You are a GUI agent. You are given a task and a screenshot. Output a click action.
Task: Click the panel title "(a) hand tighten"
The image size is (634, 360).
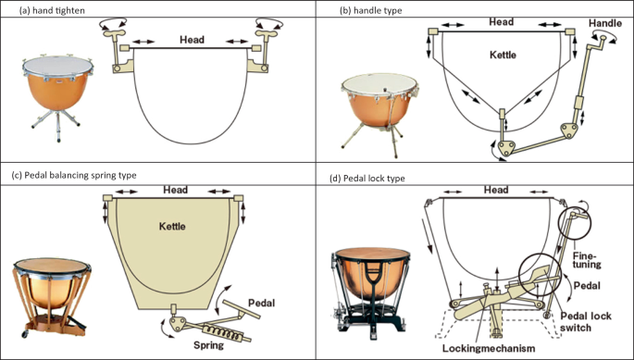(x=52, y=10)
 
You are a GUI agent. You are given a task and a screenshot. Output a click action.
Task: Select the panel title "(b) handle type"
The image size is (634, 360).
(x=371, y=10)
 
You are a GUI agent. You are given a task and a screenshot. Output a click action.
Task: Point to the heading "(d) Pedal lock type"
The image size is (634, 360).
(x=367, y=178)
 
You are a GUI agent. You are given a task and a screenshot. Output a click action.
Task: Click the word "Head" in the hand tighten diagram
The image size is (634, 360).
(x=193, y=40)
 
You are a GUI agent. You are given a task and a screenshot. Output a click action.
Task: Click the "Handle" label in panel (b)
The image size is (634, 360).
(x=605, y=23)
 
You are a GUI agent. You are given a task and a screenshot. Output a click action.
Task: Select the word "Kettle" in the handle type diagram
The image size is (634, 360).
(x=503, y=55)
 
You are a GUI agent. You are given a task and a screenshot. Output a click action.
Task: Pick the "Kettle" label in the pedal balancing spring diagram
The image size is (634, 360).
(x=172, y=226)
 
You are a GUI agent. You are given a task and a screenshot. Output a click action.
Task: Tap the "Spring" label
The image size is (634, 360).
(x=208, y=345)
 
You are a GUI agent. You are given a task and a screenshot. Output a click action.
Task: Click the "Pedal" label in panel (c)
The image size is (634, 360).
(x=262, y=303)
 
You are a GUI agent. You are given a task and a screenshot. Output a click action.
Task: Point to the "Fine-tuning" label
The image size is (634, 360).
(x=586, y=260)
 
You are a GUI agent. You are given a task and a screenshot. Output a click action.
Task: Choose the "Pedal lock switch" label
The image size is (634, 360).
(x=586, y=321)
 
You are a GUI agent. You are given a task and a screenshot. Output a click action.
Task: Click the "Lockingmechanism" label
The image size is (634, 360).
(x=489, y=348)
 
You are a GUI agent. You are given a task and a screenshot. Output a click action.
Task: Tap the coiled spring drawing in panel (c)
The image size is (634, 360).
(x=221, y=332)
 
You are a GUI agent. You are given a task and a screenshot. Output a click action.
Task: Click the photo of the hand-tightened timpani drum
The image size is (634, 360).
(x=57, y=97)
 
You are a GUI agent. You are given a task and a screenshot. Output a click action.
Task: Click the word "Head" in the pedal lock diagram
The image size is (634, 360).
(x=496, y=190)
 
